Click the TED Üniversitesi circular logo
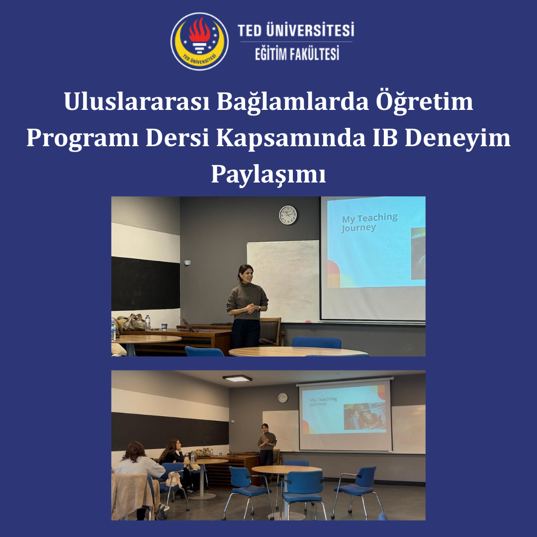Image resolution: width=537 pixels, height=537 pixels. (200, 41)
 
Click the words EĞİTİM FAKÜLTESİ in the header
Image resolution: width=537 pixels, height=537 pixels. (297, 54)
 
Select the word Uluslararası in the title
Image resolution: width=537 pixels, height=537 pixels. (137, 102)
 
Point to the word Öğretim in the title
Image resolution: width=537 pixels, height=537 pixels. (424, 102)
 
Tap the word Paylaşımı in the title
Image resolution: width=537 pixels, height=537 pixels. (268, 174)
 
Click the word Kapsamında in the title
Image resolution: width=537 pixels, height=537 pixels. (291, 138)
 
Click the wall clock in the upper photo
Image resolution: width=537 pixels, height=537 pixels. (288, 215)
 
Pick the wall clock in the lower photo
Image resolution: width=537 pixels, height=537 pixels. (283, 398)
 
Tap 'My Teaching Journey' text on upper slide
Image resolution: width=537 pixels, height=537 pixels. (369, 223)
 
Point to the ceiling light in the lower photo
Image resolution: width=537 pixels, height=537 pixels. (237, 378)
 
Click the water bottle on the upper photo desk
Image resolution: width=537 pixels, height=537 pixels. (148, 323)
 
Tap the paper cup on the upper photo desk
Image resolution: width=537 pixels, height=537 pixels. (165, 327)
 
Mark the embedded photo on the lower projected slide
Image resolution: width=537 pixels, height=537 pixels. (365, 416)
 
